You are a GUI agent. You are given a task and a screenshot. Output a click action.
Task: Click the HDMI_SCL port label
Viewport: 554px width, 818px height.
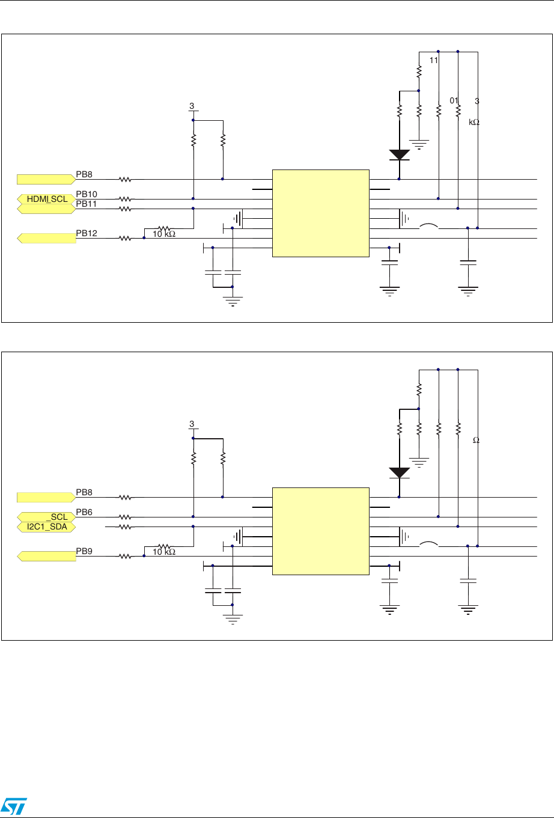tap(47, 199)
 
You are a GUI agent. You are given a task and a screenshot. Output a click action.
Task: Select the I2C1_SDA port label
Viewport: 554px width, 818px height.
tap(47, 527)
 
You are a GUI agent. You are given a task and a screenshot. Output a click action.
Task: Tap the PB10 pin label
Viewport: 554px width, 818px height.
tap(87, 194)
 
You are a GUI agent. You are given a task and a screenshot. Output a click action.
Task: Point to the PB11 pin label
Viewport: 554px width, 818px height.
tap(87, 204)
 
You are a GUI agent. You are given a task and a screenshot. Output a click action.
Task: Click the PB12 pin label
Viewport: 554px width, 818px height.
tap(87, 233)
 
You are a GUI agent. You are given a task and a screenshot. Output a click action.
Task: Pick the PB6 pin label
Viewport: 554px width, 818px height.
tap(84, 512)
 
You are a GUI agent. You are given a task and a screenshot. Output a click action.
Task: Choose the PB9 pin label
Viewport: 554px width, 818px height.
tap(84, 551)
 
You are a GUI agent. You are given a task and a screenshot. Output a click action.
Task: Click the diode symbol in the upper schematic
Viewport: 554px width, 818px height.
tap(400, 154)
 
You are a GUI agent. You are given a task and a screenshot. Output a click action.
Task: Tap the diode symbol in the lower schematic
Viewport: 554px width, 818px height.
tap(400, 473)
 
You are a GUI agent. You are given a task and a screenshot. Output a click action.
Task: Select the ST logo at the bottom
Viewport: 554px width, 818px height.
tap(13, 805)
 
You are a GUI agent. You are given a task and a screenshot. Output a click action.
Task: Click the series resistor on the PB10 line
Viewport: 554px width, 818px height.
tap(124, 199)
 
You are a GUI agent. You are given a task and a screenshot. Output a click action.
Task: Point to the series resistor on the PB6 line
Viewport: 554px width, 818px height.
tap(124, 517)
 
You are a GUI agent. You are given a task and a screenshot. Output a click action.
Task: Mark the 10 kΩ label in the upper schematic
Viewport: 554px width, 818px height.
tap(163, 234)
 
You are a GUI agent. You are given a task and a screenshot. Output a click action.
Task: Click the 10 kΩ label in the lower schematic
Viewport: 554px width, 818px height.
tap(163, 552)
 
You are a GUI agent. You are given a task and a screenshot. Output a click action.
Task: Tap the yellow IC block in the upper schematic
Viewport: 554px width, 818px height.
tap(321, 213)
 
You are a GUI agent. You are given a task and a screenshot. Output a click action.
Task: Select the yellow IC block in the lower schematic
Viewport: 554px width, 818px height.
tap(321, 531)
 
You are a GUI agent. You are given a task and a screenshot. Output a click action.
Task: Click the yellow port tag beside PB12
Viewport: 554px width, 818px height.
tap(47, 238)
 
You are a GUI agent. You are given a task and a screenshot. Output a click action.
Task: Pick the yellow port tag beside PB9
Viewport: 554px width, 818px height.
tap(47, 556)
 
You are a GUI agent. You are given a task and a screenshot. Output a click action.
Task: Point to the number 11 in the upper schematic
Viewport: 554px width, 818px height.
tap(433, 61)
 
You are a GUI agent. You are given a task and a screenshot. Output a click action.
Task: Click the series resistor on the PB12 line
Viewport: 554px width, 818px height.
tap(124, 238)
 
